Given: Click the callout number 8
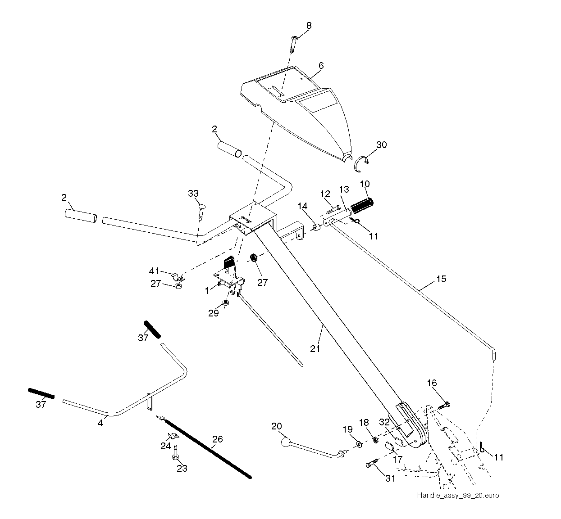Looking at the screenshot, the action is [309, 25].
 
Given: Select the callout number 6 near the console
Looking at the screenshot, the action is [321, 65].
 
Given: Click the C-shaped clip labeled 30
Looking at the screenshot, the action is [361, 164].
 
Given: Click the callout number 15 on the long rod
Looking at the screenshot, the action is [441, 279].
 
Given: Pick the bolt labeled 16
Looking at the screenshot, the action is [444, 406].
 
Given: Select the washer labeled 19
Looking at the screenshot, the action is [359, 444].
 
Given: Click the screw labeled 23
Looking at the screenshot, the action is [175, 452].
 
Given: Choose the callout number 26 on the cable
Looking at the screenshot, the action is [217, 439].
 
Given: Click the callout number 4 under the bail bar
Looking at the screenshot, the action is [100, 423].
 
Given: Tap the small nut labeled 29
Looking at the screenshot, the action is [225, 303].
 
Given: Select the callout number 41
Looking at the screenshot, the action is [154, 271].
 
